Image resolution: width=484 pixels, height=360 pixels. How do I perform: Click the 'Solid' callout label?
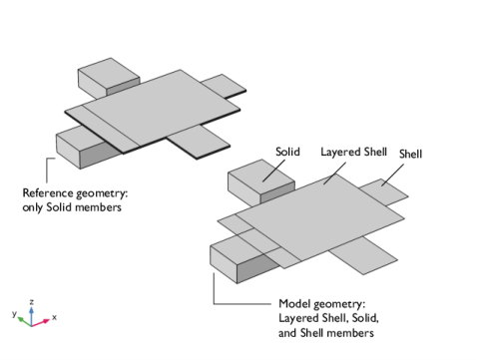[287, 152]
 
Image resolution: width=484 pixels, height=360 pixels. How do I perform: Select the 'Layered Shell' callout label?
[353, 153]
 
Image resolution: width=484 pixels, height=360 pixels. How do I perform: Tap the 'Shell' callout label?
[410, 154]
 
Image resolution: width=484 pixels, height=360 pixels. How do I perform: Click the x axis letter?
[54, 317]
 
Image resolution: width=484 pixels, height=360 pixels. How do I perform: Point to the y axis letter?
[14, 313]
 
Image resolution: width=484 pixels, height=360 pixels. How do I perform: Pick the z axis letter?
[32, 302]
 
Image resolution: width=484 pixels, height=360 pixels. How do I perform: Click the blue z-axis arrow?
[31, 316]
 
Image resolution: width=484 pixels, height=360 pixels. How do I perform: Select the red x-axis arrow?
[41, 322]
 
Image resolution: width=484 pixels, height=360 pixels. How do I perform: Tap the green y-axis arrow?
[25, 321]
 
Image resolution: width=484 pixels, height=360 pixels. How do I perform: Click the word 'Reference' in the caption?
[48, 192]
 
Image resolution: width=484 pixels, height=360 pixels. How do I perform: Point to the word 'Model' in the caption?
[294, 303]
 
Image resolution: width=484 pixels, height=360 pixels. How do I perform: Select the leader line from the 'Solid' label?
[273, 171]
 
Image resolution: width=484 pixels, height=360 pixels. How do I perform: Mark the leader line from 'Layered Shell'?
[334, 174]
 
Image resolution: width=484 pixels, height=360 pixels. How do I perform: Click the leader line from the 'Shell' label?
[392, 175]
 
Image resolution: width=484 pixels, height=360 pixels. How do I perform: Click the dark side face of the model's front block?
[258, 268]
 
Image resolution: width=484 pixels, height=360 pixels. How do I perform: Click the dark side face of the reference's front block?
[101, 156]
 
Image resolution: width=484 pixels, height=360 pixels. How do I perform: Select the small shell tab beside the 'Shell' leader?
[384, 192]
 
